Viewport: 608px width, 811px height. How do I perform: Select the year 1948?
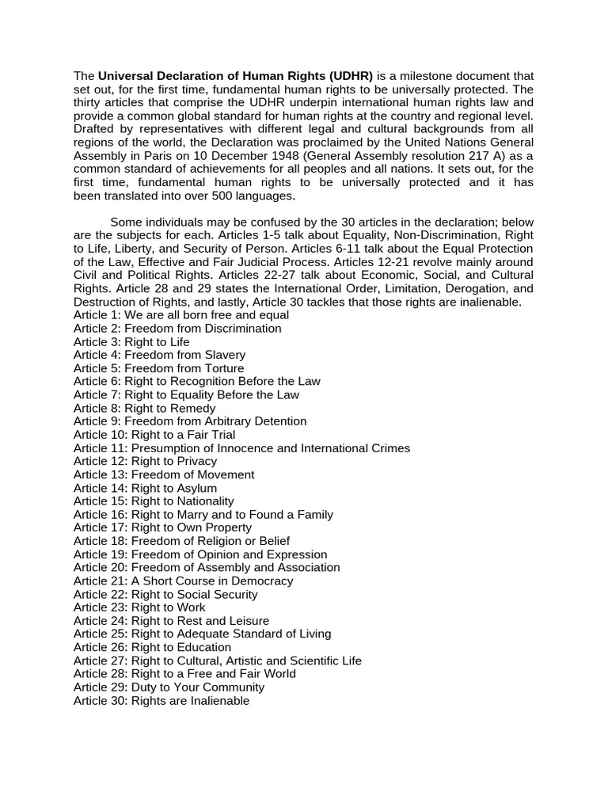point(273,155)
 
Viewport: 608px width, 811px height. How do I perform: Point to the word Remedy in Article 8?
point(192,408)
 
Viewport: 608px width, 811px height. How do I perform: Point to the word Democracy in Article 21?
point(261,581)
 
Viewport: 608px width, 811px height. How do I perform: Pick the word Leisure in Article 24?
point(247,621)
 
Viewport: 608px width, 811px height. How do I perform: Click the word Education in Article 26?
point(204,647)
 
